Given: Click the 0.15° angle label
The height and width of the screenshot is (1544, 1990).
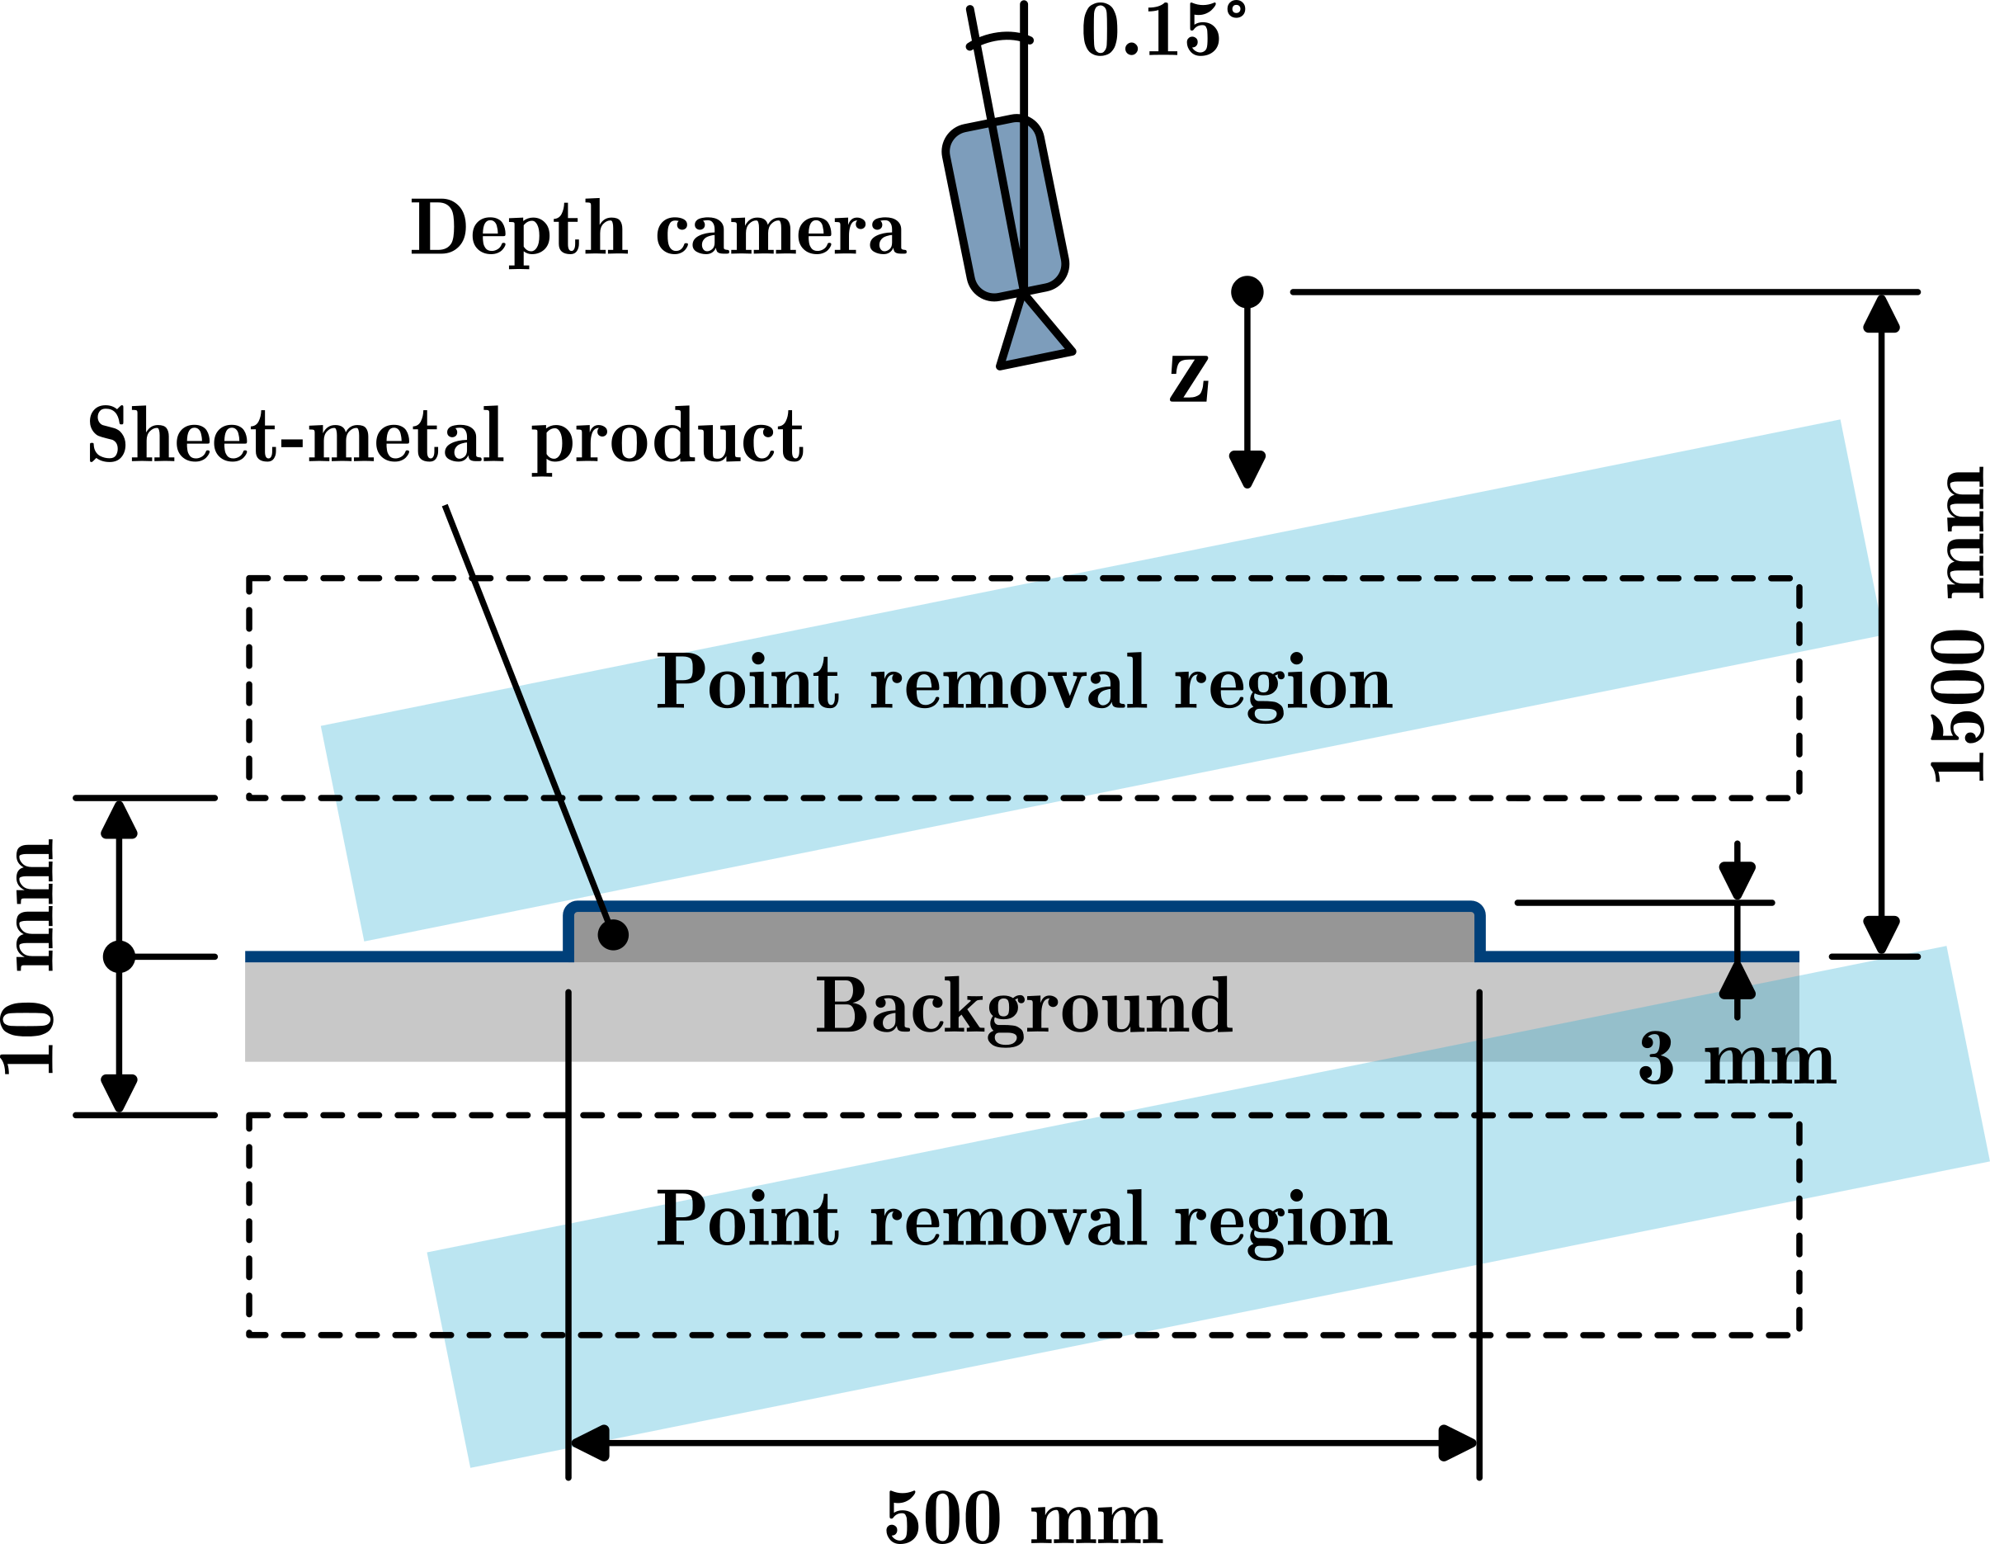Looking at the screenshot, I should tap(1162, 32).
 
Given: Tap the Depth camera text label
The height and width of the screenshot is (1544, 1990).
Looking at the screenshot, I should tap(658, 229).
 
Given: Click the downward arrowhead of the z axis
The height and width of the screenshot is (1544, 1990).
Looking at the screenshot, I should tap(1247, 469).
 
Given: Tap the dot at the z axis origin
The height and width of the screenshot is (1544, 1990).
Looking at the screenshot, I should tap(1247, 291).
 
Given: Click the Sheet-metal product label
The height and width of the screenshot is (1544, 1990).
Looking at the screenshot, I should tap(445, 437).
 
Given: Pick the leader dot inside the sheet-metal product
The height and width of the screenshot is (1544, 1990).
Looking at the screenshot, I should tap(612, 934).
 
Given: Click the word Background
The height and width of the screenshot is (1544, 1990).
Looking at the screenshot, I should tap(1023, 1006).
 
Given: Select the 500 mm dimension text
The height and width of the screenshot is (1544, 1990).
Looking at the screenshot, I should tap(1022, 1518).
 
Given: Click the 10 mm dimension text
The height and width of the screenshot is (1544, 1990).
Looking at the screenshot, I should tap(29, 957).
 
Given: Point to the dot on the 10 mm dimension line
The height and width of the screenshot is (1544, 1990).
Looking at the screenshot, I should tap(119, 957).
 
